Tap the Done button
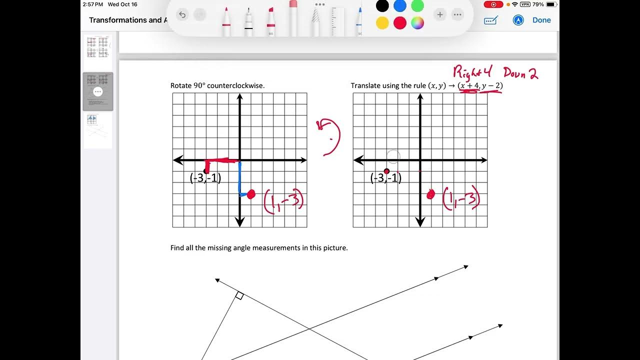541,20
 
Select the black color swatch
382,6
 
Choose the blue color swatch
400,6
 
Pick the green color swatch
417,6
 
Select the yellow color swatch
382,23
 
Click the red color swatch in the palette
400,23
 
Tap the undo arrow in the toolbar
182,15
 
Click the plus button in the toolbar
440,15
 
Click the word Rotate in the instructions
181,85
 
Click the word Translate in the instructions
366,85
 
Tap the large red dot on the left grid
251,194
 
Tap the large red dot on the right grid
431,195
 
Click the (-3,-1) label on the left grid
205,178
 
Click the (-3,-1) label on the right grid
385,178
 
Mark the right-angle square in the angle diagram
239,296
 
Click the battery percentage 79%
538,4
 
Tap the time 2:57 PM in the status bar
93,4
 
